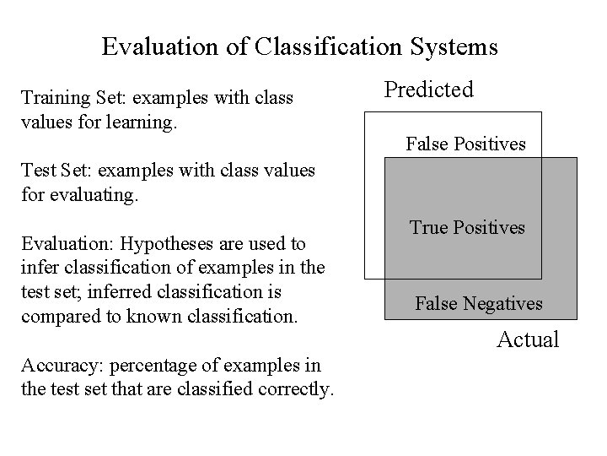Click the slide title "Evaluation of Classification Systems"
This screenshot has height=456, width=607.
300,46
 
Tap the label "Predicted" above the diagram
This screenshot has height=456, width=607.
429,90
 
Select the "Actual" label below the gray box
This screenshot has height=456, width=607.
528,340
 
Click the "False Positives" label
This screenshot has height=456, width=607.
465,144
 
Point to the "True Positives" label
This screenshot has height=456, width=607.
467,227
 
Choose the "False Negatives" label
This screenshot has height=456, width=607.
479,303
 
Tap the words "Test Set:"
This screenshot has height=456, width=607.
54,171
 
